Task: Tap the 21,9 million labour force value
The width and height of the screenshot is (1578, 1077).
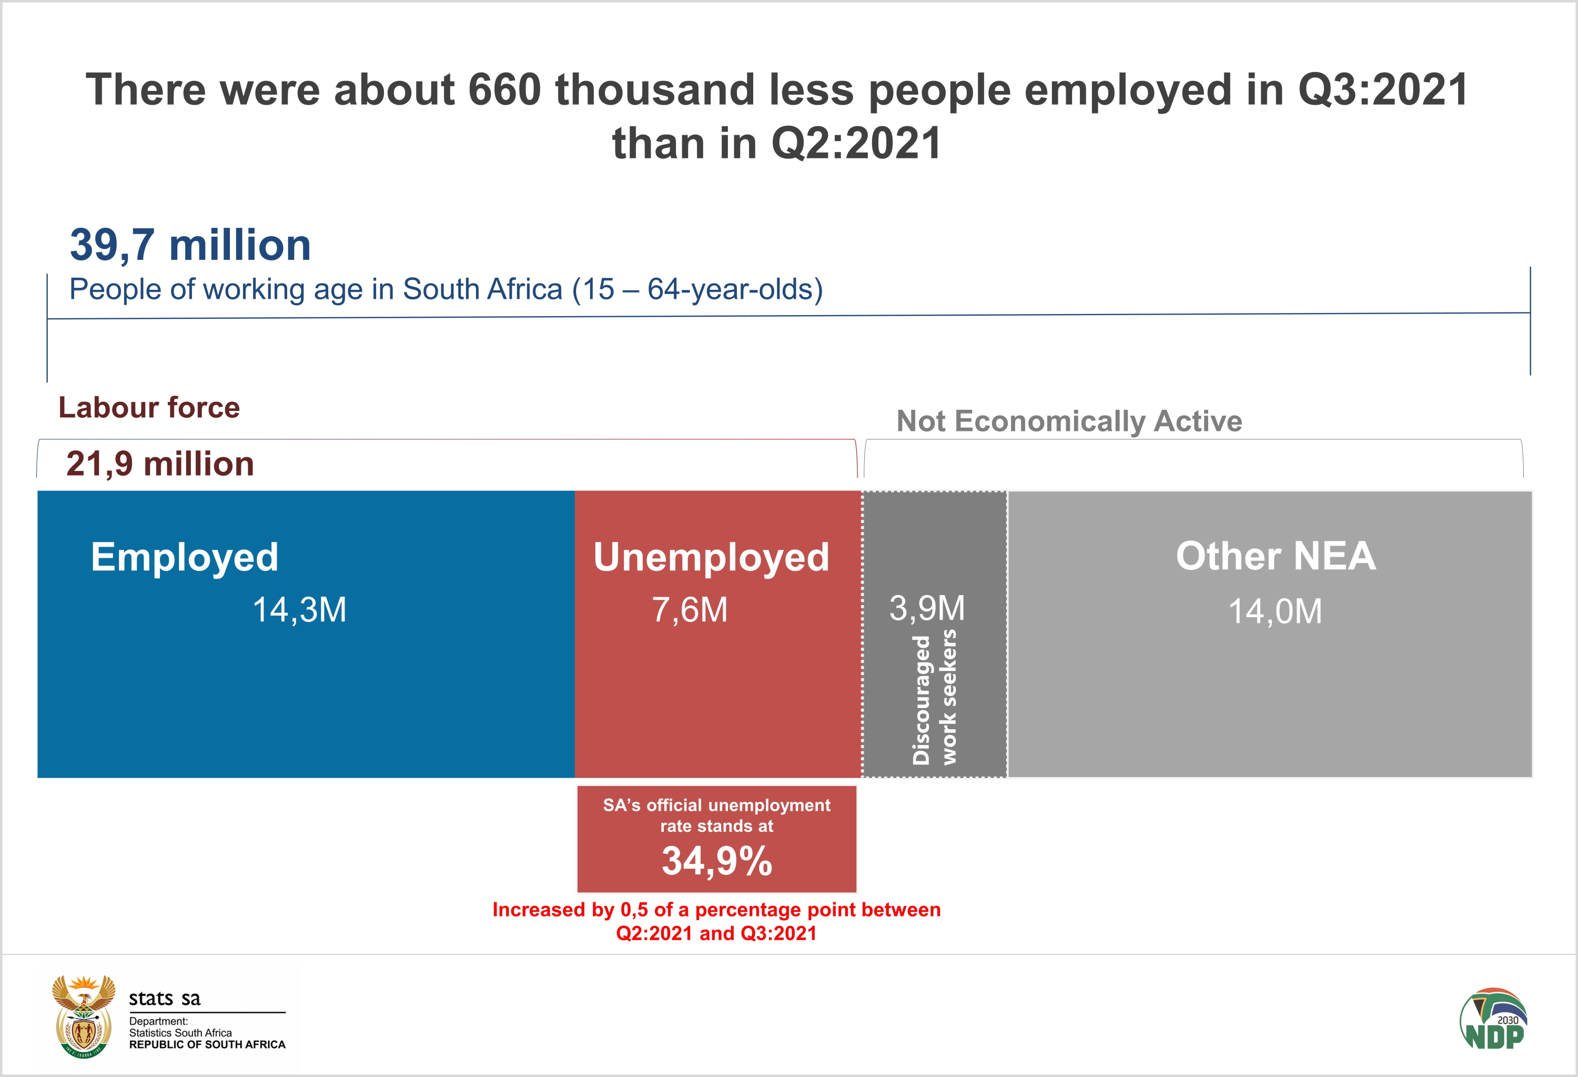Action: [x=160, y=464]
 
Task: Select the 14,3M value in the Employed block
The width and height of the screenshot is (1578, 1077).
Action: [x=299, y=609]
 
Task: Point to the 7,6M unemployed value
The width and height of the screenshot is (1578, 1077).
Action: [x=690, y=609]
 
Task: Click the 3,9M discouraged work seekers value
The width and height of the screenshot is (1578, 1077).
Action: [x=927, y=607]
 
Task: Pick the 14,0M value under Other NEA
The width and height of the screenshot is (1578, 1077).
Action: [x=1275, y=611]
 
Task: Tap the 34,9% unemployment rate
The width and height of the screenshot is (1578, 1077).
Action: [x=717, y=861]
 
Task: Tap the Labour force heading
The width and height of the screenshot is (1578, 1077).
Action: [x=149, y=407]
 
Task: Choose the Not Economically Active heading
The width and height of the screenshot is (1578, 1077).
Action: [x=1069, y=421]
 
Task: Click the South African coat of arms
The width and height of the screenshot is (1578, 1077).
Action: [x=84, y=1016]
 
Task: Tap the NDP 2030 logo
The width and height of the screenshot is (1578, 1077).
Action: [x=1494, y=1019]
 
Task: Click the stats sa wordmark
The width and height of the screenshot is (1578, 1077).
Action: [x=165, y=998]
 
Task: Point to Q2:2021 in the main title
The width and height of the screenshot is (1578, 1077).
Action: [x=856, y=144]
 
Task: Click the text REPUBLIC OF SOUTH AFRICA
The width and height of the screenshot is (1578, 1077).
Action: [x=207, y=1044]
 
